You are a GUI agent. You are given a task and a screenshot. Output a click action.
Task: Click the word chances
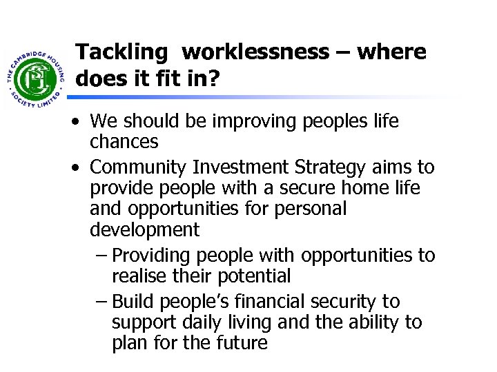(x=124, y=142)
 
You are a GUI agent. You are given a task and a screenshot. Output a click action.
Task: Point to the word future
(x=242, y=342)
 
